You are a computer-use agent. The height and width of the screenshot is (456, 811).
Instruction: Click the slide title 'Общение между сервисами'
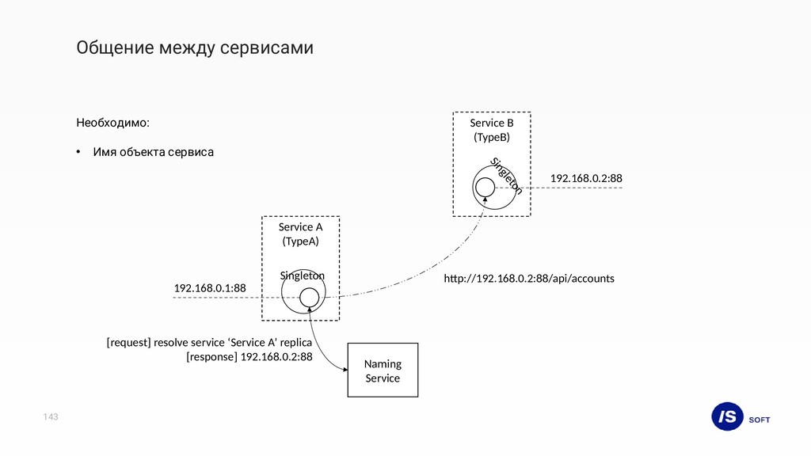click(x=195, y=48)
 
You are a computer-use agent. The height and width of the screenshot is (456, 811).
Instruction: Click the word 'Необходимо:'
click(x=112, y=123)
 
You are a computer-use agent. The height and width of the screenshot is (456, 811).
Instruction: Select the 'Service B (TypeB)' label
click(x=492, y=130)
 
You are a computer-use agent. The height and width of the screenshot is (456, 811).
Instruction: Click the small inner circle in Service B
click(x=485, y=187)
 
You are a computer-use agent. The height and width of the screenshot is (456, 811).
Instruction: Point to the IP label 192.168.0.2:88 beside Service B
click(x=586, y=178)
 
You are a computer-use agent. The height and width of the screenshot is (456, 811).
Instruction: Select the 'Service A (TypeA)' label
click(x=300, y=234)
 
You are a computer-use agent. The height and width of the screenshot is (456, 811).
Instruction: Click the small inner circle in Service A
click(x=310, y=298)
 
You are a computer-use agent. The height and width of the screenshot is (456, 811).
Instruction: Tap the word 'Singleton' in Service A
click(x=303, y=275)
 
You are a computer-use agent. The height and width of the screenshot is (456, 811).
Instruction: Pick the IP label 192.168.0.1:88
click(x=210, y=289)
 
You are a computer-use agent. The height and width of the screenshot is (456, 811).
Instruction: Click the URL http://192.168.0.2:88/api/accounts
click(x=528, y=279)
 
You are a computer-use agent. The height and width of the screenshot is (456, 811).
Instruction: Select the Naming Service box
click(x=383, y=370)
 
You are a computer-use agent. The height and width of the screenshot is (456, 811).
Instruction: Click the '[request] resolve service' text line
click(x=209, y=343)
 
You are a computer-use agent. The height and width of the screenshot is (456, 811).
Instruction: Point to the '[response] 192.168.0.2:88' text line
click(x=249, y=357)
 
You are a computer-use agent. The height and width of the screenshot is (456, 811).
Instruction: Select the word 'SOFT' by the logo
click(x=759, y=420)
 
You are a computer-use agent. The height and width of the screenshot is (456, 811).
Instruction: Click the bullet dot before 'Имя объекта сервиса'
click(x=78, y=151)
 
